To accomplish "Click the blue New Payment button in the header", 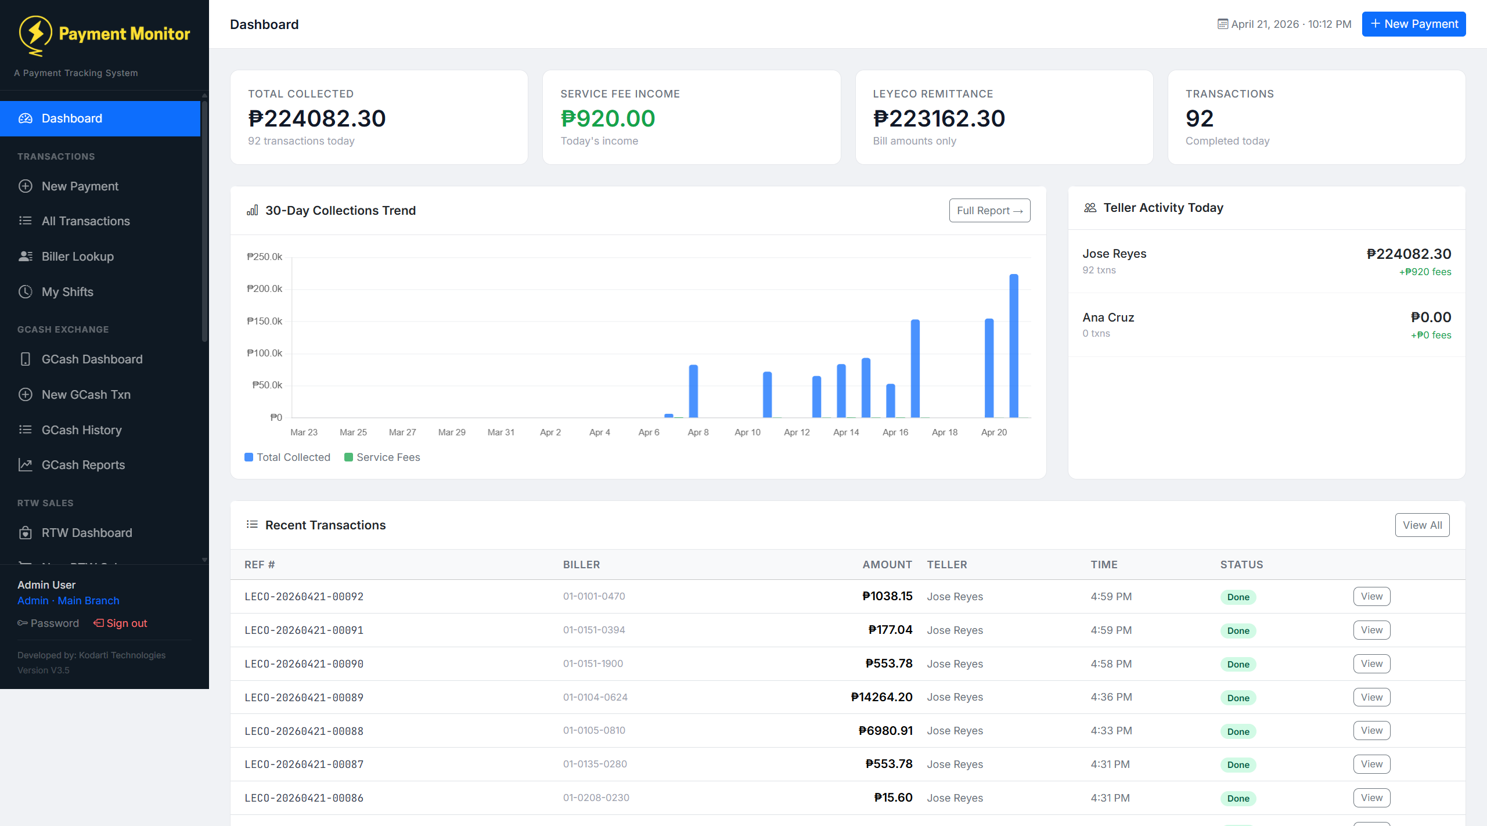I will (x=1413, y=24).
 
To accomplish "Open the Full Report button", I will (x=989, y=211).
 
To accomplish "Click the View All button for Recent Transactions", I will (x=1421, y=525).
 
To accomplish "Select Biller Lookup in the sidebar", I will (x=77, y=257).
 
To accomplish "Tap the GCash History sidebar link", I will (x=81, y=430).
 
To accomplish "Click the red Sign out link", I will (x=121, y=623).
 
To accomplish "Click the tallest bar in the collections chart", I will (x=1013, y=345).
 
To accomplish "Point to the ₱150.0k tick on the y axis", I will (x=265, y=321).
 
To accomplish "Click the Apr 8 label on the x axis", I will (x=698, y=432).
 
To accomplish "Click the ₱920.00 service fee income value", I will (x=607, y=118).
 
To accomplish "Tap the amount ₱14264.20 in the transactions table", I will (x=881, y=697).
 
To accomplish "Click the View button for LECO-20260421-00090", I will (x=1371, y=663).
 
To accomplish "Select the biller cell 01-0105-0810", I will (x=594, y=730).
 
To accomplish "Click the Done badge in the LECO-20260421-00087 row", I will (x=1237, y=765).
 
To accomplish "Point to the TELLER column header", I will (x=946, y=564).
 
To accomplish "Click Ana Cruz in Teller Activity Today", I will (x=1108, y=318).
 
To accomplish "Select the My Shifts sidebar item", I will (x=67, y=292).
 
